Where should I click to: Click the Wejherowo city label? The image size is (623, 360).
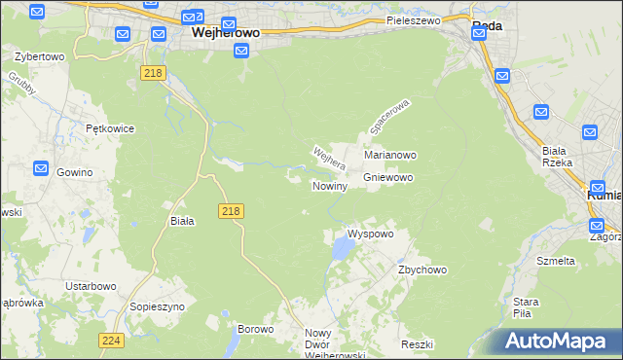click(x=226, y=32)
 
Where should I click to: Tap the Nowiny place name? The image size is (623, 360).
click(x=330, y=186)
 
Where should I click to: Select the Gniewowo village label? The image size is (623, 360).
click(x=389, y=178)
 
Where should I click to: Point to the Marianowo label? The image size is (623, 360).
click(x=390, y=155)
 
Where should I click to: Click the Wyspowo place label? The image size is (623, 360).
click(x=371, y=234)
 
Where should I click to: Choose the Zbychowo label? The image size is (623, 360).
click(x=421, y=270)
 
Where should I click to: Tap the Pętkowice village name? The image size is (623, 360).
click(x=109, y=128)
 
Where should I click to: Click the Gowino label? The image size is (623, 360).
click(x=74, y=172)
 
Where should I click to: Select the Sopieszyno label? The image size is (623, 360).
click(x=157, y=306)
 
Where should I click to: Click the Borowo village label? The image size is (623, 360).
click(x=256, y=329)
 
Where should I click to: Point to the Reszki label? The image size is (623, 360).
click(x=416, y=345)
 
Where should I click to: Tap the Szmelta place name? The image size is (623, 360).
click(x=556, y=261)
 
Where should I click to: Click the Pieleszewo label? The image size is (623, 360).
click(x=414, y=20)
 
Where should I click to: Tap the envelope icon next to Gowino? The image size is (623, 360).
click(x=40, y=168)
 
